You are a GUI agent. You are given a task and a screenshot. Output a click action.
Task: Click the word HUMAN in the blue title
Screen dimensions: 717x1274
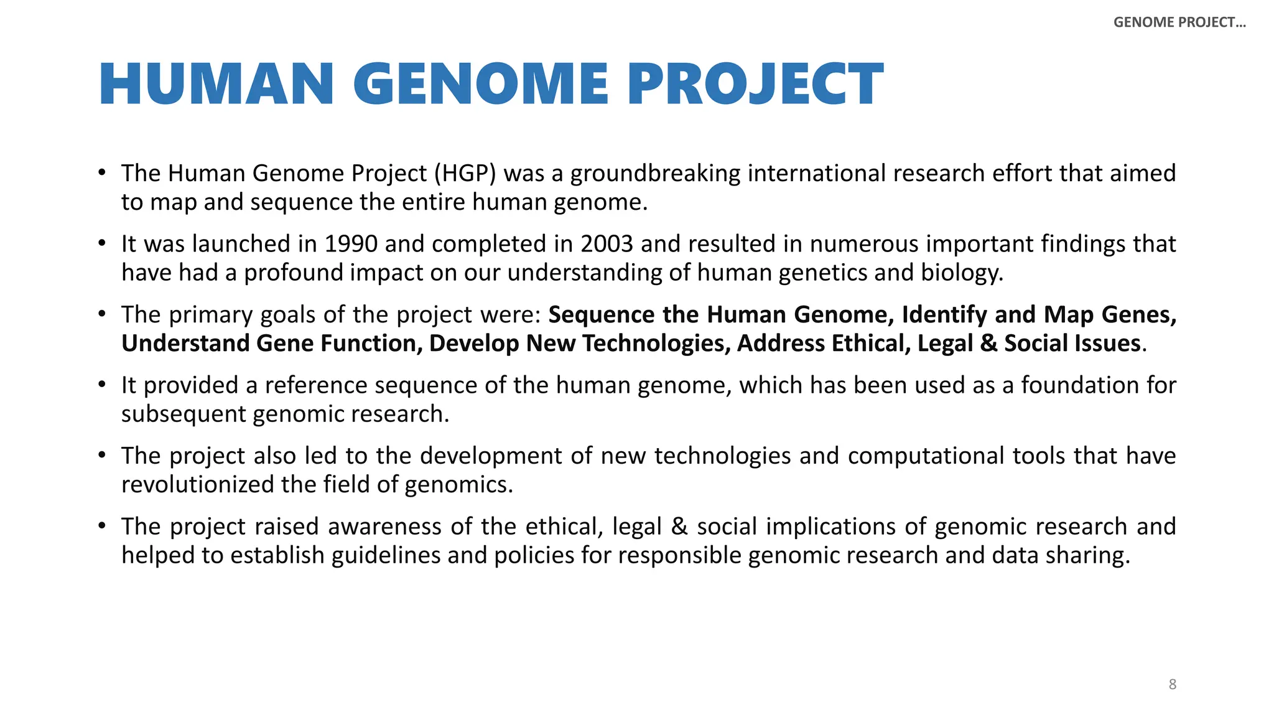216,85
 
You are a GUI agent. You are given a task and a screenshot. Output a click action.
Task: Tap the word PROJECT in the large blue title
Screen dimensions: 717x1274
755,85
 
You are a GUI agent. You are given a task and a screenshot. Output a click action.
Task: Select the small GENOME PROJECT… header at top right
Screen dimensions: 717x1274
1179,22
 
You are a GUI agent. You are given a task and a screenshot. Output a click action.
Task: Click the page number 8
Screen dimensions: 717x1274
1173,685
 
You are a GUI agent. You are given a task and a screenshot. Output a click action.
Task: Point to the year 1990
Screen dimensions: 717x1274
351,244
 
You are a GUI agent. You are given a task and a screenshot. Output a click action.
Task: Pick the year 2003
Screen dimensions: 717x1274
607,244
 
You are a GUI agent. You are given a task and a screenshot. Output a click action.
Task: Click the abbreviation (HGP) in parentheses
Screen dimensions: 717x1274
465,174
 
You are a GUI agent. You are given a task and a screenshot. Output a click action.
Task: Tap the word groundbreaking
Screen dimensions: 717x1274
656,174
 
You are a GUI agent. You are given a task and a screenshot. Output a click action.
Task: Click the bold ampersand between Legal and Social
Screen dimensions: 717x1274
988,344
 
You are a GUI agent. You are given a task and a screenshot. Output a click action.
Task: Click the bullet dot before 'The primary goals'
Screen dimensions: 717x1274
102,314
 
